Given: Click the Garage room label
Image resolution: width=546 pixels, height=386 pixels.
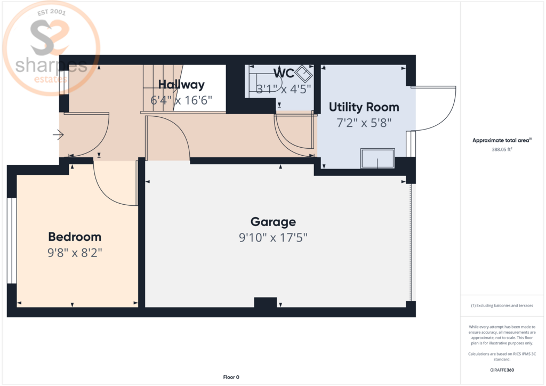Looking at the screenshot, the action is pos(274,222).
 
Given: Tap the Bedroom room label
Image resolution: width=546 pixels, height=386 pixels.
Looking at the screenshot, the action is pos(75,237).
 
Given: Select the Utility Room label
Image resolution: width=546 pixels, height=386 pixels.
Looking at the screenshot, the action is pos(364,107).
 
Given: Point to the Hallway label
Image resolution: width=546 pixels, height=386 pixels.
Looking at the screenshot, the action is pos(181,84).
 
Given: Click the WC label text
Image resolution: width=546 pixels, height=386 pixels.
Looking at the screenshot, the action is pos(284,73).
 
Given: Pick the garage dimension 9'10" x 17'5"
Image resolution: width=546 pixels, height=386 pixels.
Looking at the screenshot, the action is pos(274,237).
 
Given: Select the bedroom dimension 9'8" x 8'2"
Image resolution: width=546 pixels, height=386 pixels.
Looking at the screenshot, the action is pos(75,252).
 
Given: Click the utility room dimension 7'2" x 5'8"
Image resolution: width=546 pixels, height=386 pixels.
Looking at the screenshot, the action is pos(364,123).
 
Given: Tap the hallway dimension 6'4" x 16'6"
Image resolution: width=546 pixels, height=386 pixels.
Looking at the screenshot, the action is pos(181,100).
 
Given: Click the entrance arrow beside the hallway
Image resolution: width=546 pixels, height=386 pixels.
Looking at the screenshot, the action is pos(58,135).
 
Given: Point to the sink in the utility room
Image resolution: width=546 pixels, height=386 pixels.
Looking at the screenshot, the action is pos(378,158).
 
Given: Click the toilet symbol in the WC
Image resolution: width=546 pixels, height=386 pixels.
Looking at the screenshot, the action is pos(263,83).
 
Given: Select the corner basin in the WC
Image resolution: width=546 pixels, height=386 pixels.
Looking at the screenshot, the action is pos(303,74).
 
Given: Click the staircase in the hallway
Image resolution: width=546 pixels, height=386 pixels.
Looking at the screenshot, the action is pos(163,88).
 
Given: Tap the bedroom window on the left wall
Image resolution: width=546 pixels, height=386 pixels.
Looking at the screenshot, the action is pos(12,241).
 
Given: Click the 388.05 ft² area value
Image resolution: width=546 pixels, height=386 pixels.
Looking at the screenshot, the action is pos(502,149).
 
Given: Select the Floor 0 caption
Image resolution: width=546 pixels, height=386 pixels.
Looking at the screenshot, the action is pos(231,377).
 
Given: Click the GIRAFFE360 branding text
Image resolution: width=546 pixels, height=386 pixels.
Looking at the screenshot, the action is pos(502,370).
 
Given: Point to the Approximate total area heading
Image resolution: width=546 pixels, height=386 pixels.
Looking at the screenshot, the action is pos(502,140).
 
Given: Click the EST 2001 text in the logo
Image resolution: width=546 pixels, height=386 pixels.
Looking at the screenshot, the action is pos(52,12).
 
